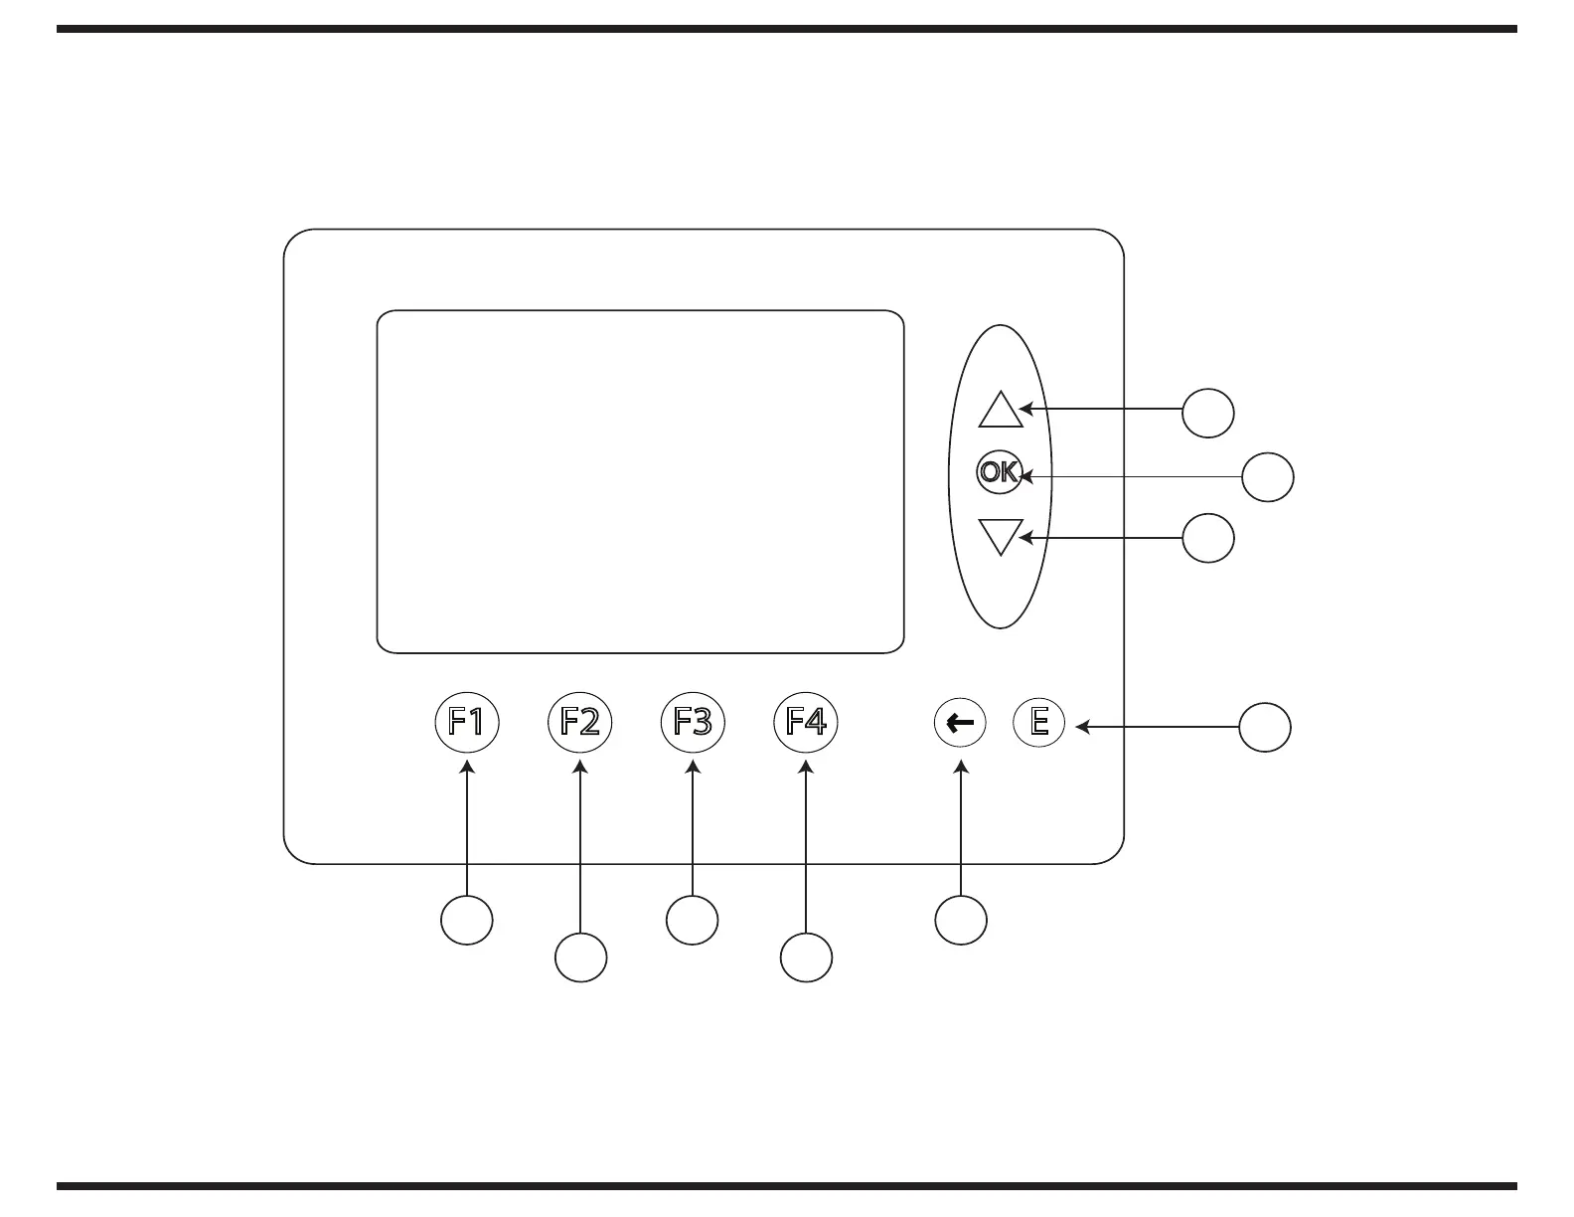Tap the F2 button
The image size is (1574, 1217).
pyautogui.click(x=579, y=721)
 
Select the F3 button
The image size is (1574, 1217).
pyautogui.click(x=693, y=721)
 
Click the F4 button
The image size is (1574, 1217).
pyautogui.click(x=806, y=721)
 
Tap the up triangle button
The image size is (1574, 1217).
pyautogui.click(x=1000, y=410)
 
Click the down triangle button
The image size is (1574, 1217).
pyautogui.click(x=1000, y=536)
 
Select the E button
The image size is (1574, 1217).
pyautogui.click(x=1038, y=721)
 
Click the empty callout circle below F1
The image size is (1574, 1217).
pyautogui.click(x=467, y=920)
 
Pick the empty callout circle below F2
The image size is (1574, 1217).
pyautogui.click(x=580, y=957)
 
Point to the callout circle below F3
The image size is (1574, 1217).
pyautogui.click(x=693, y=920)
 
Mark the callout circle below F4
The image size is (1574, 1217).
pyautogui.click(x=806, y=957)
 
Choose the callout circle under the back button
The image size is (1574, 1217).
pyautogui.click(x=961, y=920)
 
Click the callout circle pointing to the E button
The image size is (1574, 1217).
pyautogui.click(x=1265, y=727)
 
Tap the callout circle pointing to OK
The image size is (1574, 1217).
pyautogui.click(x=1268, y=477)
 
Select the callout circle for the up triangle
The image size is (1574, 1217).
pyautogui.click(x=1208, y=412)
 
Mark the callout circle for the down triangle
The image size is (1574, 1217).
pyautogui.click(x=1208, y=538)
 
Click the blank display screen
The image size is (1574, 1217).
pyautogui.click(x=640, y=481)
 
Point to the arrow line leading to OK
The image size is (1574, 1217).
pyautogui.click(x=1133, y=477)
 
